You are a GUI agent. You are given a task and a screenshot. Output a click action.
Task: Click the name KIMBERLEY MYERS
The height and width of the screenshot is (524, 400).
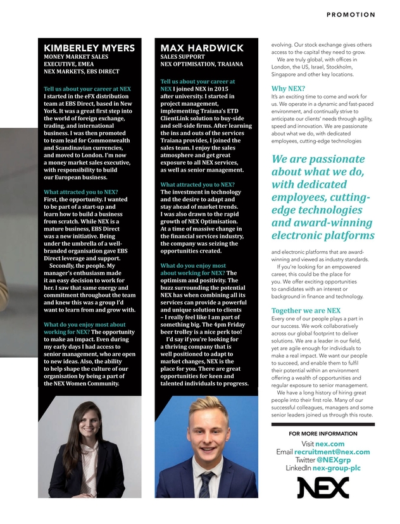pos(89,49)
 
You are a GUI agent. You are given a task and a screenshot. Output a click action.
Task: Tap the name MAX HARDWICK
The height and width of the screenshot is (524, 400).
pos(202,49)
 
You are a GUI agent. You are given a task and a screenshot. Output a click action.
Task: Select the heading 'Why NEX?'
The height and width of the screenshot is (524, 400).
pos(288,88)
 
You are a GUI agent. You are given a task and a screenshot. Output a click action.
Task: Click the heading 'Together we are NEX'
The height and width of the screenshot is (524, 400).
pos(306,311)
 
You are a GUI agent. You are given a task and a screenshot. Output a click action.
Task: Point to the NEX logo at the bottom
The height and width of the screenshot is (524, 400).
pos(323,487)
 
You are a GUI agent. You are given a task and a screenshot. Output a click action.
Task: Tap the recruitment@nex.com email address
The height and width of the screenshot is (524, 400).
pos(332,452)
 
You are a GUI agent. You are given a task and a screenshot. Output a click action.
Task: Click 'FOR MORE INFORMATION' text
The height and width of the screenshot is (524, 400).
pos(323,434)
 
